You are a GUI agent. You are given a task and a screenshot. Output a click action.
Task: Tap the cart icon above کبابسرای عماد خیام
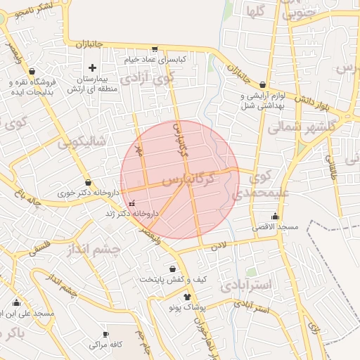(x=154, y=49)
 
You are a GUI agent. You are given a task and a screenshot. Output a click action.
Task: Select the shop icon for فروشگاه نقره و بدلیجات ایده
(x=33, y=70)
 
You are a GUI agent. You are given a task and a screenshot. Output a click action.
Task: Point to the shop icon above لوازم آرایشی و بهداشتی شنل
(x=262, y=84)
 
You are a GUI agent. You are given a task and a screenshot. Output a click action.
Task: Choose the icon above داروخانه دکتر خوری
(x=87, y=182)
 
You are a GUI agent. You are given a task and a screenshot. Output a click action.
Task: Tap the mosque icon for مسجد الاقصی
(x=274, y=217)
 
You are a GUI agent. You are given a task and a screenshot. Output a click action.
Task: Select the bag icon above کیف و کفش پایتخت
(x=173, y=269)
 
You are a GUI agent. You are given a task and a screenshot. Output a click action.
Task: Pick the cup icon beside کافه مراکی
(x=105, y=335)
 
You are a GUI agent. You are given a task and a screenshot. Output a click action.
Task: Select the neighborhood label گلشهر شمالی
(x=294, y=127)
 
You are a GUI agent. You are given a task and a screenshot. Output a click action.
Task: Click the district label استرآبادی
(x=250, y=285)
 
